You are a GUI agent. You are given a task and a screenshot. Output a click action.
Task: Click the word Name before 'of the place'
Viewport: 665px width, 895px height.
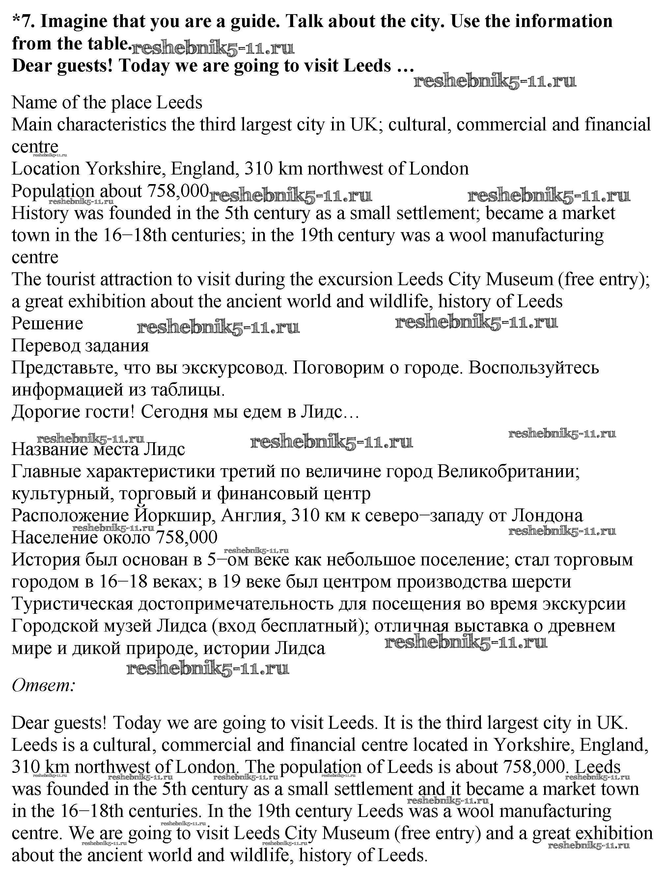34,103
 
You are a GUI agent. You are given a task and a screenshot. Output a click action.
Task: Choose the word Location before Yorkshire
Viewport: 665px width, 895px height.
45,169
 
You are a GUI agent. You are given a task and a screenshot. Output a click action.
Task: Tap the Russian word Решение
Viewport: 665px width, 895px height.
47,324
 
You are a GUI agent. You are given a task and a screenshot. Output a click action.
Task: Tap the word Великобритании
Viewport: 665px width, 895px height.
508,471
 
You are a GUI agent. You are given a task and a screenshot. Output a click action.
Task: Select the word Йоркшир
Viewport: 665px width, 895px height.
174,516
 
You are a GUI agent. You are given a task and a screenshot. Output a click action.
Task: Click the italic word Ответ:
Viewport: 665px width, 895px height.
43,685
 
